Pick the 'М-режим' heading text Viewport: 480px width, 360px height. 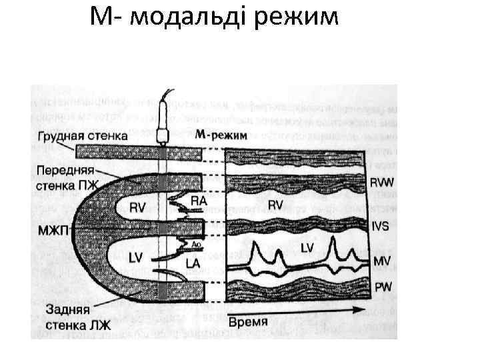click(221, 135)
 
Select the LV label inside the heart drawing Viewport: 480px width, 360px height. click(137, 259)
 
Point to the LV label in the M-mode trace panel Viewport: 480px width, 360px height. click(308, 248)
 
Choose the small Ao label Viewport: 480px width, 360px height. click(196, 245)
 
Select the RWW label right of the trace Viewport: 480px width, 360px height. click(381, 181)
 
